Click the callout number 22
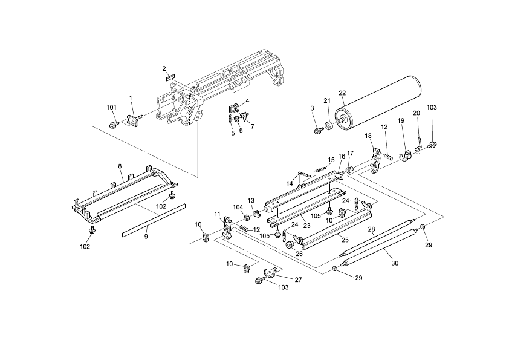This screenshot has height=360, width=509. (342, 93)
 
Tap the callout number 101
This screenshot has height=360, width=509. (111, 108)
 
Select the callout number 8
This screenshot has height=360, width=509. (120, 165)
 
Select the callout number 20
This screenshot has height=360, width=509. (416, 113)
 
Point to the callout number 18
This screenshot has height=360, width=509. (368, 136)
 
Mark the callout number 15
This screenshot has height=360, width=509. (331, 160)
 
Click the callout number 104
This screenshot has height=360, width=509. (238, 206)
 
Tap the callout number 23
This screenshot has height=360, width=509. (307, 225)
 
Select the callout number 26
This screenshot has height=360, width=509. (299, 254)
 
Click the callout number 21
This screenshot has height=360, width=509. (327, 100)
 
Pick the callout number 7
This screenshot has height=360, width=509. (252, 126)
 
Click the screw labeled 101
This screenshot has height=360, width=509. (114, 125)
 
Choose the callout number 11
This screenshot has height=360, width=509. (218, 214)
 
